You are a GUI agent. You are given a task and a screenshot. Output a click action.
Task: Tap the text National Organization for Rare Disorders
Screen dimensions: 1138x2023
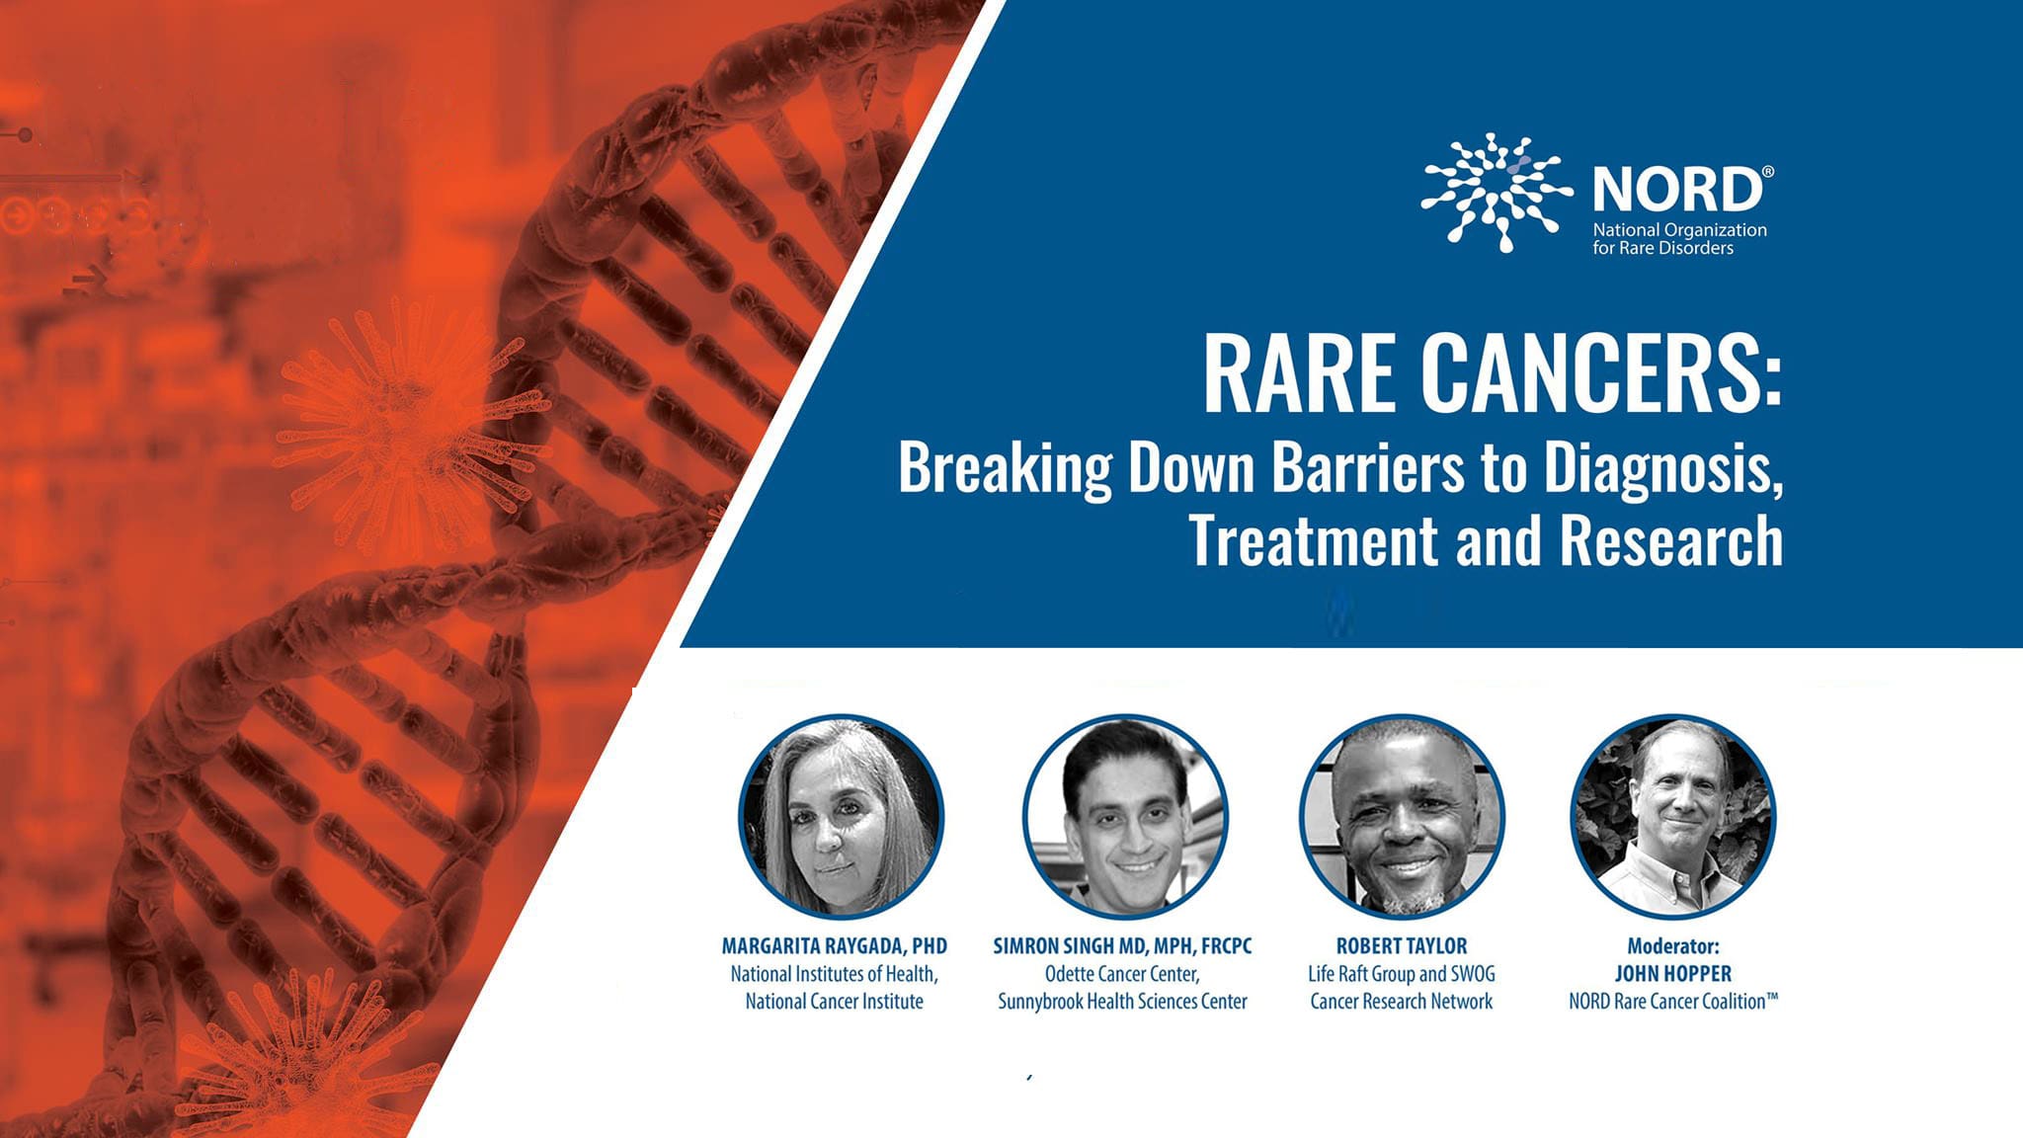tap(1678, 238)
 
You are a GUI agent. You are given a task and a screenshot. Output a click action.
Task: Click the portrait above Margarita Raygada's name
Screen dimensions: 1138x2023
tap(842, 816)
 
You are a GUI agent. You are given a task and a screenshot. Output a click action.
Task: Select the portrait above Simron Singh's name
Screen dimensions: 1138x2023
tap(1125, 816)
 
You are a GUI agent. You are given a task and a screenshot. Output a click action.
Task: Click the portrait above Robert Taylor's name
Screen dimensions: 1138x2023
tap(1402, 816)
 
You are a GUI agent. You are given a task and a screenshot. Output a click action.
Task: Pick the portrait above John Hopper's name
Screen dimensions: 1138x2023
tap(1673, 816)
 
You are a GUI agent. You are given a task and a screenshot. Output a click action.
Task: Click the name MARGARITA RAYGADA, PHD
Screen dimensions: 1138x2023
tap(834, 945)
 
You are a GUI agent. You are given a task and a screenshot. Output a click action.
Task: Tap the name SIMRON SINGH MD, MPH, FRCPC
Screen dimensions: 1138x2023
tap(1122, 945)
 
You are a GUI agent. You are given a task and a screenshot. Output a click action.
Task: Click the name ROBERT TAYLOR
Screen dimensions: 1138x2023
tap(1402, 945)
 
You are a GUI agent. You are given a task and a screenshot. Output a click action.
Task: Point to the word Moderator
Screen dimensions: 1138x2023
tap(1672, 945)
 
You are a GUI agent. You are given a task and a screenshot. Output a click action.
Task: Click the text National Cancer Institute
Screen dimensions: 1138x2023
tap(834, 1001)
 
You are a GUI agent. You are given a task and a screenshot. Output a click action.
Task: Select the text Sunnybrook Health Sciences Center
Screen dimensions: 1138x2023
tap(1122, 1001)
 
